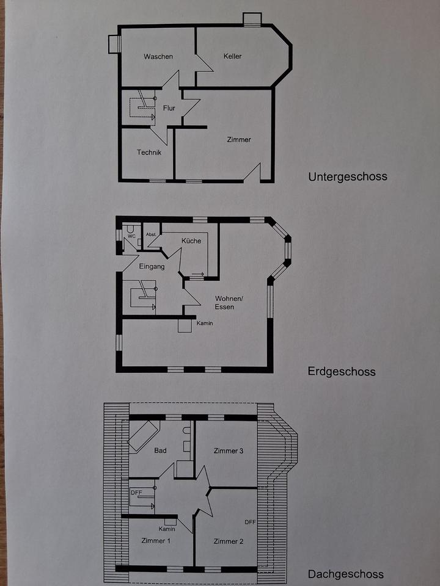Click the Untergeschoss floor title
[347, 177]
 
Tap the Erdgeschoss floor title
[342, 372]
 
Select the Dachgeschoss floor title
[345, 574]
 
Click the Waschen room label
[158, 57]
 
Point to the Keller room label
[233, 57]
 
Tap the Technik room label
[149, 153]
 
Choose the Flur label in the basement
[169, 109]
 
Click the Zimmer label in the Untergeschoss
[239, 140]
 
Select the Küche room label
[191, 241]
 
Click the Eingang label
[152, 266]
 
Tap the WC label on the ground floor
[131, 236]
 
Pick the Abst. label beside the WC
[151, 234]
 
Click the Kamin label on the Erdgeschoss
[205, 323]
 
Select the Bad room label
[161, 451]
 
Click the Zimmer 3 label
[229, 451]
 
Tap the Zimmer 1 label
[156, 541]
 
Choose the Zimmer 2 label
[229, 541]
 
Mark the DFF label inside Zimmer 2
[250, 522]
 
